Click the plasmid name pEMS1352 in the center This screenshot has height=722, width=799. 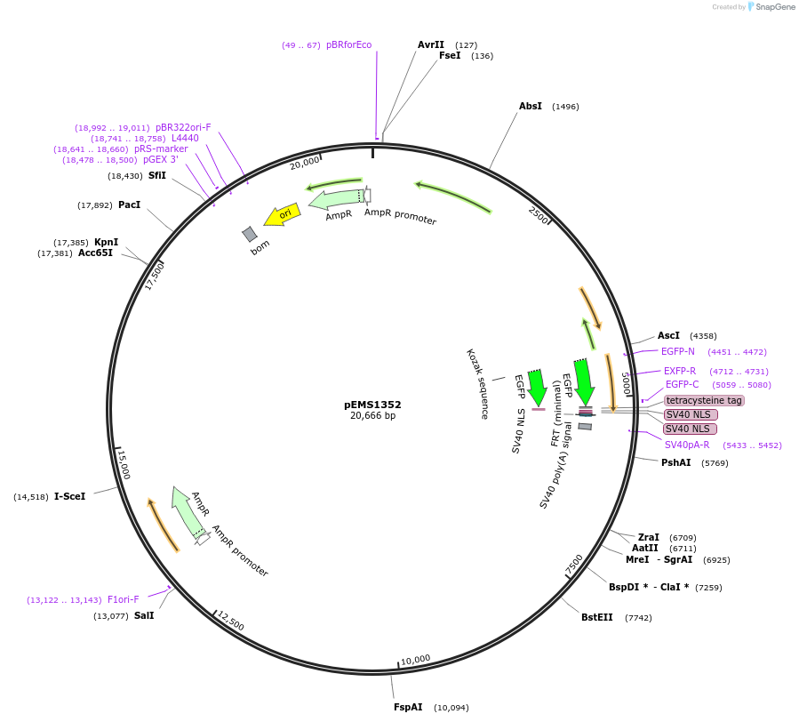pos(372,405)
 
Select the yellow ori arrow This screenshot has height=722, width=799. pos(282,215)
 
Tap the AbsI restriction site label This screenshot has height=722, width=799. pos(531,107)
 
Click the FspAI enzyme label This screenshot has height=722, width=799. pos(408,708)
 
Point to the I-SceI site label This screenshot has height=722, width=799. pos(69,496)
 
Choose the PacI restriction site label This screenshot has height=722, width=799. pos(129,205)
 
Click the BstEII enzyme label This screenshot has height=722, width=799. pos(597,617)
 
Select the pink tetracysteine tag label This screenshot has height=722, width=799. pos(704,400)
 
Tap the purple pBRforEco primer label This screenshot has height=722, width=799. pos(348,45)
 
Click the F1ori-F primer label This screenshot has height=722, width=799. pos(123,599)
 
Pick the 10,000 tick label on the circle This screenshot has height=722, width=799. pos(415,660)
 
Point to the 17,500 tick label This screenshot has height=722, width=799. pos(155,276)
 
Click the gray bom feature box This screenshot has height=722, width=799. pos(250,234)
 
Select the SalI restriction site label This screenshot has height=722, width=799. pos(144,615)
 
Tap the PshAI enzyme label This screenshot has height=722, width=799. pos(675,462)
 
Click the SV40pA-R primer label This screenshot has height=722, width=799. pos(687,445)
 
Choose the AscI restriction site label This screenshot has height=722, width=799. pos(668,335)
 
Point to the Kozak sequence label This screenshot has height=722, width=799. pos(478,384)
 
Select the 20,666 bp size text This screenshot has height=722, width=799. pos(372,415)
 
